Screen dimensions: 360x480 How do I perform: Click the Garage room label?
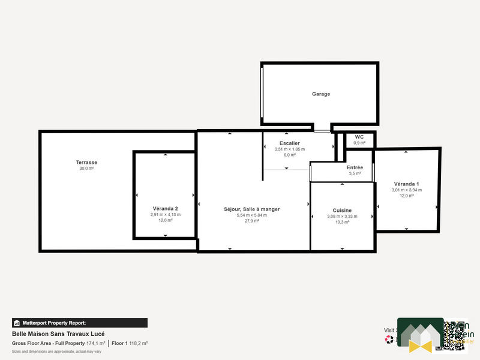pyautogui.click(x=320, y=94)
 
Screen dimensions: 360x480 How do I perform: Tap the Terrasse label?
pyautogui.click(x=86, y=163)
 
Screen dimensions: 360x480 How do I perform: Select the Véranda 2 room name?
pyautogui.click(x=165, y=208)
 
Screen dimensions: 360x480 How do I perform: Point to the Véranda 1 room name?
pyautogui.click(x=406, y=184)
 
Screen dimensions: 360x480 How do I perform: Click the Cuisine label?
pyautogui.click(x=341, y=210)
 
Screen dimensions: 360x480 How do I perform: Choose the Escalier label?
pyautogui.click(x=289, y=143)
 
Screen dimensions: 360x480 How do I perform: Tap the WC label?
pyautogui.click(x=359, y=137)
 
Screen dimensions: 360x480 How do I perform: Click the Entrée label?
pyautogui.click(x=355, y=167)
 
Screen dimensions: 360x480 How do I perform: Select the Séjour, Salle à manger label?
pyautogui.click(x=251, y=209)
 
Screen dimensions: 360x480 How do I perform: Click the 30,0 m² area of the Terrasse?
pyautogui.click(x=86, y=169)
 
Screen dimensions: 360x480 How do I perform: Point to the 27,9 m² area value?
pyautogui.click(x=251, y=221)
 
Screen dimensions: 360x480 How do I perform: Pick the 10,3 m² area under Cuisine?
pyautogui.click(x=341, y=222)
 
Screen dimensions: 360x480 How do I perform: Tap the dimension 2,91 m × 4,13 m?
pyautogui.click(x=165, y=214)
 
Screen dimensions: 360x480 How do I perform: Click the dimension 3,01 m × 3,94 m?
pyautogui.click(x=406, y=190)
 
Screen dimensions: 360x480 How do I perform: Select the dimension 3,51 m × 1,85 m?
pyautogui.click(x=289, y=149)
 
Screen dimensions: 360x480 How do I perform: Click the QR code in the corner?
pyautogui.click(x=455, y=335)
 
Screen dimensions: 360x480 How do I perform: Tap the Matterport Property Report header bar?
pyautogui.click(x=80, y=322)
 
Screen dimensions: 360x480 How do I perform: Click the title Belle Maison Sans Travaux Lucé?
pyautogui.click(x=54, y=334)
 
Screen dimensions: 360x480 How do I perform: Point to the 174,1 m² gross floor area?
pyautogui.click(x=96, y=343)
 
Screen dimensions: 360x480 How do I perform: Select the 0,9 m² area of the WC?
pyautogui.click(x=359, y=143)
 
